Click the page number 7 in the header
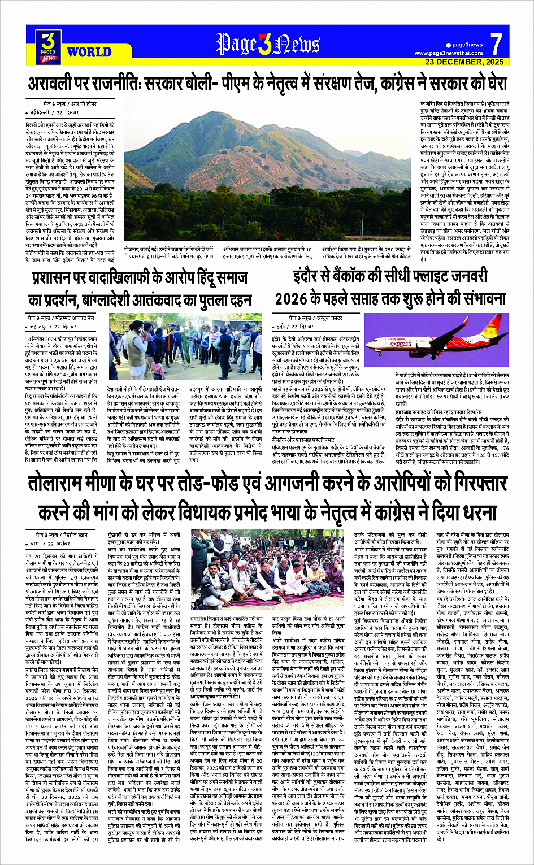tap(496, 44)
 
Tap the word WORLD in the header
tap(89, 52)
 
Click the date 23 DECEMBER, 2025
tap(464, 62)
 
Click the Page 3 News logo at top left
tap(49, 45)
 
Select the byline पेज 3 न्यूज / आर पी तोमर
tap(63, 105)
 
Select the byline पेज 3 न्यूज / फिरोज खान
tap(59, 534)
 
